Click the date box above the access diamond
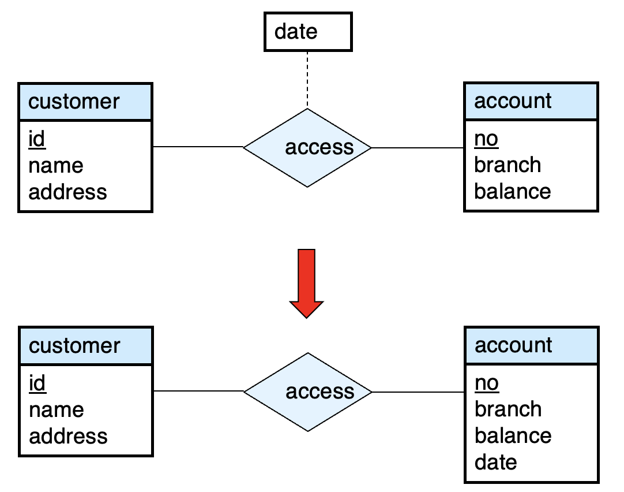[x=308, y=32]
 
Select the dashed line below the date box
[x=307, y=80]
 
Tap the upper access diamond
[x=307, y=147]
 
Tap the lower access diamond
[x=307, y=392]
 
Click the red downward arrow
[x=306, y=284]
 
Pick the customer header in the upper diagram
[x=85, y=102]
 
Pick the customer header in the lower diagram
[x=86, y=346]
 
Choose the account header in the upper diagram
[x=531, y=101]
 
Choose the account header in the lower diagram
[x=532, y=345]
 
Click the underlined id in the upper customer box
[x=36, y=139]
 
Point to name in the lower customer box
[x=57, y=410]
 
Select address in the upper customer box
[x=67, y=192]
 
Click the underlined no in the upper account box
[x=486, y=139]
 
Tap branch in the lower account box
[x=508, y=409]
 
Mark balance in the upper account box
[x=513, y=191]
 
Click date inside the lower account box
[x=496, y=462]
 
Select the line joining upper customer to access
[x=198, y=147]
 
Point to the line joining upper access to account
[x=418, y=148]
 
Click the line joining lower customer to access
[x=198, y=391]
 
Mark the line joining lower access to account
[x=418, y=392]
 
